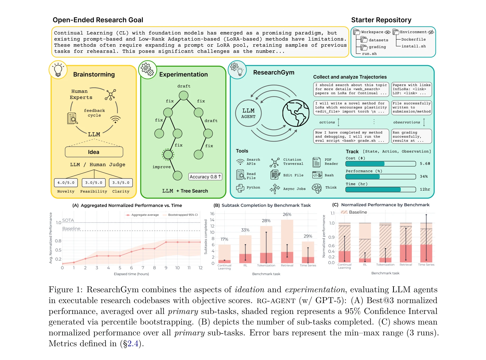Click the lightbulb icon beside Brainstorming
click(58, 70)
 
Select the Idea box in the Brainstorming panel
click(94, 152)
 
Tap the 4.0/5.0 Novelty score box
click(66, 183)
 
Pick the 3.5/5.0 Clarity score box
click(121, 183)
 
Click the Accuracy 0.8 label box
click(205, 177)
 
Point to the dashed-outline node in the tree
click(168, 154)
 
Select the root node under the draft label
click(183, 96)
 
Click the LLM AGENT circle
click(248, 113)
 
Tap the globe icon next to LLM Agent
click(296, 113)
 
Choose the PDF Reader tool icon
click(317, 162)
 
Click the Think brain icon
click(317, 188)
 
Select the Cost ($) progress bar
click(381, 164)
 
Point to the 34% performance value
click(424, 177)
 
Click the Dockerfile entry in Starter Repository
click(413, 39)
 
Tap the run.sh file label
click(369, 54)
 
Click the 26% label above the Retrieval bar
click(287, 214)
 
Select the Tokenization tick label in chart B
click(266, 265)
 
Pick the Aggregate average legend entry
click(142, 215)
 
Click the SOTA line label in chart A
click(68, 220)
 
